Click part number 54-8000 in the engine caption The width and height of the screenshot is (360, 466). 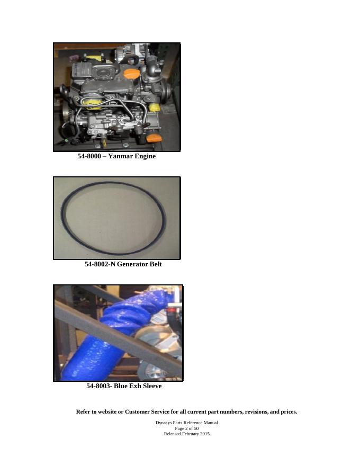(89, 156)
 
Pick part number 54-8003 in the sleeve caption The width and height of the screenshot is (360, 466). (98, 386)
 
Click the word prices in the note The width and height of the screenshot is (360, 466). (289, 412)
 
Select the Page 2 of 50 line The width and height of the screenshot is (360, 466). (186, 428)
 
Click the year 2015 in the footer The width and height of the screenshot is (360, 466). (205, 434)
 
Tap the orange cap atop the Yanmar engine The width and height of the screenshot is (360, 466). (130, 74)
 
